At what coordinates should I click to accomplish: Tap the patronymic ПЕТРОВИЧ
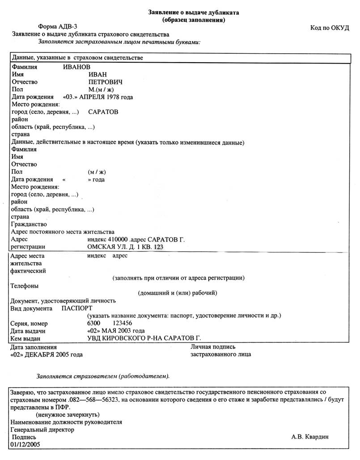(106, 82)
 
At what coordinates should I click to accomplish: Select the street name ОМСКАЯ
(100, 247)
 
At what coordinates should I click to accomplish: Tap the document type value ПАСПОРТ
(77, 308)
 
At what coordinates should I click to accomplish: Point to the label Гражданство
(28, 224)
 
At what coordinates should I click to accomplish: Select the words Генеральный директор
(42, 430)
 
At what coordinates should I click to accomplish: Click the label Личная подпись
(213, 346)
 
